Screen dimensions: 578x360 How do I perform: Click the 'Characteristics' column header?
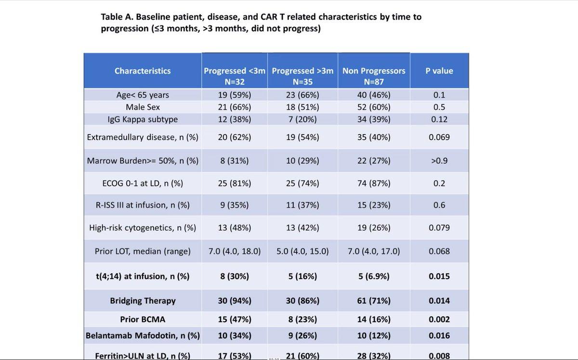143,71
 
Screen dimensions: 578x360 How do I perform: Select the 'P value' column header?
439,71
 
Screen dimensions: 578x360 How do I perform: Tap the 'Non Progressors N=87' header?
374,77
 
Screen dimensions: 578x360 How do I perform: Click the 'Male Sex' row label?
143,107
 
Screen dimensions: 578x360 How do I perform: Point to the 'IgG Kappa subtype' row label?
143,119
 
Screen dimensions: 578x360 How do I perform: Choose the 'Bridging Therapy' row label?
143,301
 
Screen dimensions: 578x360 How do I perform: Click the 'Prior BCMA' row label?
143,319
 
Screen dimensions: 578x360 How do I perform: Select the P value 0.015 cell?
439,276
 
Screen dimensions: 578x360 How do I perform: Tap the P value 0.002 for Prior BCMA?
439,319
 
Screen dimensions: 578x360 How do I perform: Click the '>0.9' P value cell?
439,161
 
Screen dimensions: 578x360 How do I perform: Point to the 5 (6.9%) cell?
374,276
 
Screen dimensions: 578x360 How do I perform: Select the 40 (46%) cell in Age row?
374,95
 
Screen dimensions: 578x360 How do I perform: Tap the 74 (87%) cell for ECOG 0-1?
374,183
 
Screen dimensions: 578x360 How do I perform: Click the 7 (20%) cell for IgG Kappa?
302,119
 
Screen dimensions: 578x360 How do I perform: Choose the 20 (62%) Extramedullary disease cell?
234,137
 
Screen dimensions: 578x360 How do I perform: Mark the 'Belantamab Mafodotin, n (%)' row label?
143,335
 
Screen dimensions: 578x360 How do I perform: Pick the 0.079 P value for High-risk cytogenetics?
439,228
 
